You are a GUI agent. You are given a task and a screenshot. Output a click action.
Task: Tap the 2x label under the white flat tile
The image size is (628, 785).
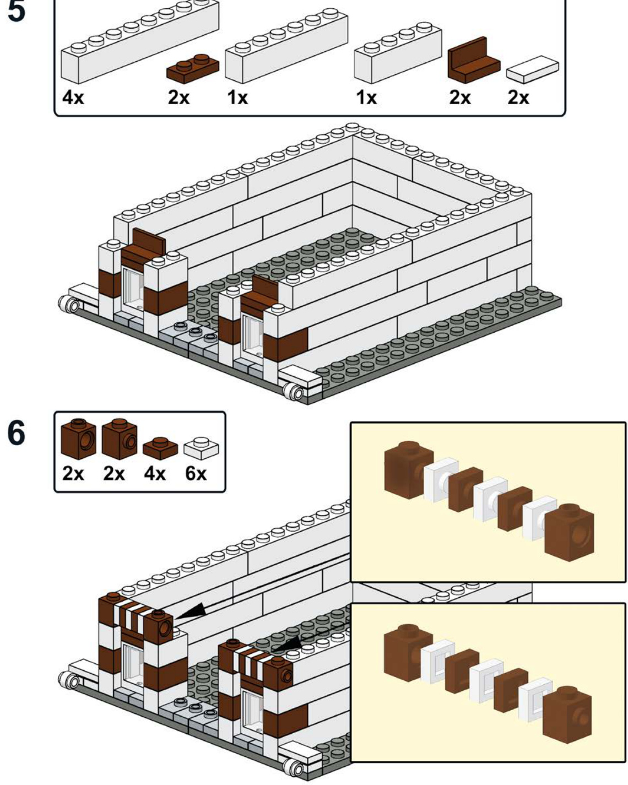click(x=518, y=98)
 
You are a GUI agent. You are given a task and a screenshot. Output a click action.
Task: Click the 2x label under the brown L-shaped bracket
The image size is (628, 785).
click(x=460, y=98)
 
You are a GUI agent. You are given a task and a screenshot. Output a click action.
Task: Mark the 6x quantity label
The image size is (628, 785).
click(x=196, y=473)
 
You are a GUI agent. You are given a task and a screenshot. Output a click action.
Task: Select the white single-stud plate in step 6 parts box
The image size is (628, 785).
click(x=201, y=448)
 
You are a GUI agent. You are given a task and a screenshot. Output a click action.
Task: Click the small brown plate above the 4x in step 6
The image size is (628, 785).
click(x=160, y=448)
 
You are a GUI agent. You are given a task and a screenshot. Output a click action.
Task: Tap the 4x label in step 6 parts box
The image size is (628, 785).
click(x=154, y=473)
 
